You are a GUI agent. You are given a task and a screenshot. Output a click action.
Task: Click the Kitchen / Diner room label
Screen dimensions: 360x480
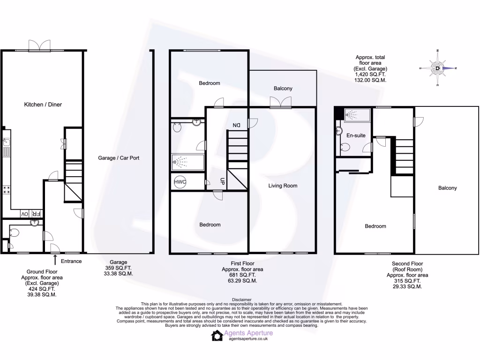point(43,105)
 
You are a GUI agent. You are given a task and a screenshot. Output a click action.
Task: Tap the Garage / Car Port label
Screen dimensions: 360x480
point(119,158)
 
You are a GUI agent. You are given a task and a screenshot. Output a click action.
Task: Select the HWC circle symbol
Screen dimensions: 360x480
point(180,182)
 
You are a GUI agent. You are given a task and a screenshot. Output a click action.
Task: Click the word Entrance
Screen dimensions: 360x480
point(71,262)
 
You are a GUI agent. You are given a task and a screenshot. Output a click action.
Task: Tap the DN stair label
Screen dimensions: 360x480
point(236,125)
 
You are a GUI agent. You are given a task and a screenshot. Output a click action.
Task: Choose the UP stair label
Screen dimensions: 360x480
point(223,181)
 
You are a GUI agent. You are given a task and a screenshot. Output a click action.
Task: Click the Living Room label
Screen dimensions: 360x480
point(283,186)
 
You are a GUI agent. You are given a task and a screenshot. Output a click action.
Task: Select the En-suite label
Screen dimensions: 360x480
point(356,135)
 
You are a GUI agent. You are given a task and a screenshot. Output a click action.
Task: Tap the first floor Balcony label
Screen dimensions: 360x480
point(283,89)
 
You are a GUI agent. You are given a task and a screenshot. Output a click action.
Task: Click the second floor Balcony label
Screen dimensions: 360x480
point(447,188)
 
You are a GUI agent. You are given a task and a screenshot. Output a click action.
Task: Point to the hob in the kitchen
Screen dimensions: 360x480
point(7,190)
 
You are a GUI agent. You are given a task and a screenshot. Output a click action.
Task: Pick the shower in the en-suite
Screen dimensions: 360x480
point(357,114)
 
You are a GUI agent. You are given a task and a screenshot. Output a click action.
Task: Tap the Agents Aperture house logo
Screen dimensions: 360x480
point(217,335)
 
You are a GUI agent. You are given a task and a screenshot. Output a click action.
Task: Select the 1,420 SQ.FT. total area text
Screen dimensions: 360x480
point(370,74)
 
